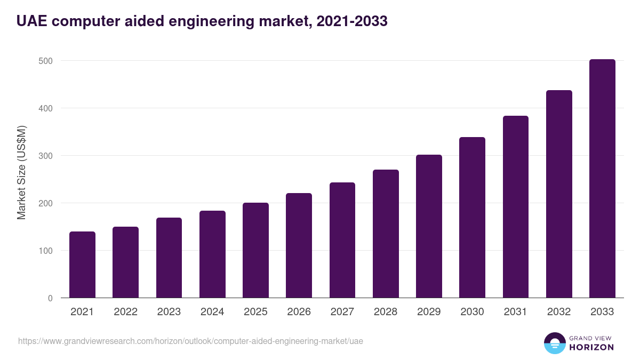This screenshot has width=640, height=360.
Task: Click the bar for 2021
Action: click(x=82, y=265)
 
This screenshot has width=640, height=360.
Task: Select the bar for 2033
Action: click(x=602, y=179)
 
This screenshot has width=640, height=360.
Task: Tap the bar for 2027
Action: click(x=342, y=240)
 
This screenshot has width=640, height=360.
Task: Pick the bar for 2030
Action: click(x=472, y=218)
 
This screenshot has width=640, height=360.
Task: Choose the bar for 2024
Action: click(x=212, y=254)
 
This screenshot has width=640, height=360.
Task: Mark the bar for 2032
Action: click(x=559, y=194)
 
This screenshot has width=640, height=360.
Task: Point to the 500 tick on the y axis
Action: click(x=46, y=61)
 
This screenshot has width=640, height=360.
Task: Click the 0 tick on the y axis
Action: click(x=50, y=298)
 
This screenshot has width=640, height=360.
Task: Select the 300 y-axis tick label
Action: click(x=46, y=156)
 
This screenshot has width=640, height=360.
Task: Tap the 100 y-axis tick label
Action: click(x=46, y=251)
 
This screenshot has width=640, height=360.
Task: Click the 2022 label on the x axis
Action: click(x=125, y=312)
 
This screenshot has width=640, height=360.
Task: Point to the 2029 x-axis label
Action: click(x=429, y=312)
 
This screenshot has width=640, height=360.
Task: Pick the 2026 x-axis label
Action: click(x=299, y=312)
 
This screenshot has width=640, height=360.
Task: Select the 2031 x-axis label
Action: click(x=516, y=312)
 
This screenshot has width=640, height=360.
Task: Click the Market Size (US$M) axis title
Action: click(x=21, y=173)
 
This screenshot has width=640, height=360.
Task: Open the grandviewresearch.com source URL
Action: click(x=190, y=341)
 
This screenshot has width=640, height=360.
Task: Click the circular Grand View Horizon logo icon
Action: click(x=554, y=343)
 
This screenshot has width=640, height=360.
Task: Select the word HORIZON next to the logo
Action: click(x=591, y=347)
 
